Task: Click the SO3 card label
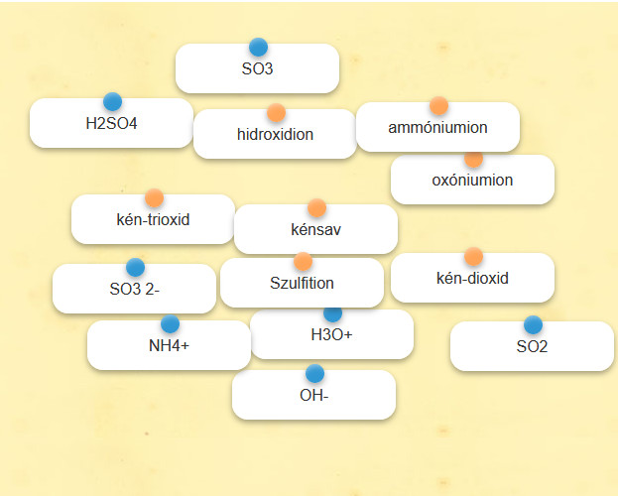point(257,68)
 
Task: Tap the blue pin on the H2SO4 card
point(113,102)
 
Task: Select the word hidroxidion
point(275,135)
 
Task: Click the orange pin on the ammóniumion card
point(438,105)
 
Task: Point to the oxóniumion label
point(472,181)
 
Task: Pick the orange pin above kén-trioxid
point(154,197)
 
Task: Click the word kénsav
point(315,229)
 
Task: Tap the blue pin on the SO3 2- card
point(135,267)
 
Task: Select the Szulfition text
point(302,283)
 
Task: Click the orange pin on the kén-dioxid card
point(473,257)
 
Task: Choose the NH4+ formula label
point(169,346)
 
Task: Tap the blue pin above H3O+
point(332,313)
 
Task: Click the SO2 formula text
point(532,346)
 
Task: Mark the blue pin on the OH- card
point(314,373)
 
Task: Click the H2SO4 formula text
point(111,123)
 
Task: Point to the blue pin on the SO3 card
point(258,48)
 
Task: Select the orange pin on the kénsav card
point(316,207)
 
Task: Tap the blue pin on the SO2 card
point(533,325)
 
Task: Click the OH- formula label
point(314,395)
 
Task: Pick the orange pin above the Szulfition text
point(303,262)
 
